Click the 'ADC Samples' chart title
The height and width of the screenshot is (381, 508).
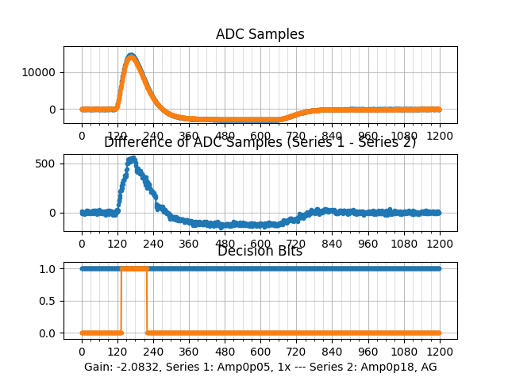pyautogui.click(x=260, y=34)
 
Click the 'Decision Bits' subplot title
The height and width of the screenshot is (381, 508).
pyautogui.click(x=260, y=251)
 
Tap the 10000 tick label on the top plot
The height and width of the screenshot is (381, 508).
pyautogui.click(x=39, y=72)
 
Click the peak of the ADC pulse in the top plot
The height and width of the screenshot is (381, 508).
pyautogui.click(x=131, y=56)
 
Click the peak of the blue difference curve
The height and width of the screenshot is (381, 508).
pyautogui.click(x=132, y=159)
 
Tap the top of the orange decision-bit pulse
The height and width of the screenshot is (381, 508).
pyautogui.click(x=133, y=269)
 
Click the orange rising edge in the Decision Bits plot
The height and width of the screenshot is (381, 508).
pyautogui.click(x=121, y=302)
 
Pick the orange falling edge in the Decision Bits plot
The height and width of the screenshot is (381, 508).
pyautogui.click(x=147, y=302)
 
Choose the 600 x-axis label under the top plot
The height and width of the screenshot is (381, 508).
pyautogui.click(x=260, y=136)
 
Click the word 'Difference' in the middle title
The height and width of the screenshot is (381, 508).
pyautogui.click(x=135, y=142)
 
